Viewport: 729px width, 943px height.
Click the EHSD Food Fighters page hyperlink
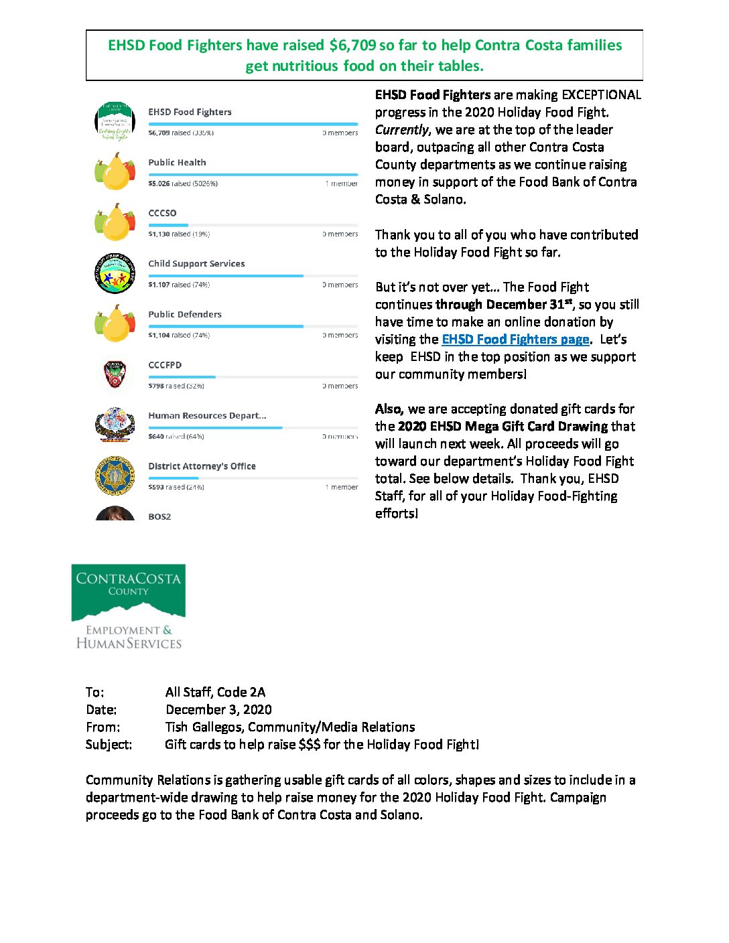[x=515, y=340]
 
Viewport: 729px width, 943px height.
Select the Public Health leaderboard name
[x=177, y=163]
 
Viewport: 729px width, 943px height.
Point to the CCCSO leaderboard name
[x=162, y=213]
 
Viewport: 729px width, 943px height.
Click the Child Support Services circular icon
[x=115, y=274]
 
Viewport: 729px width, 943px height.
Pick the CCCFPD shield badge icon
[x=115, y=374]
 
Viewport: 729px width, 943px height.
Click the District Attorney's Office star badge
[x=115, y=476]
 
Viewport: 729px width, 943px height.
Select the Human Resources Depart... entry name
[x=207, y=416]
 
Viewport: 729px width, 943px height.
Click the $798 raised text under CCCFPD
[x=176, y=386]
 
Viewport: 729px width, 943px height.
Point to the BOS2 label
[x=159, y=517]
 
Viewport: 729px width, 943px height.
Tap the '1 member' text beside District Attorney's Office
[x=342, y=487]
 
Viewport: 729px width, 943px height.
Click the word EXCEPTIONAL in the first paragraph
[x=601, y=95]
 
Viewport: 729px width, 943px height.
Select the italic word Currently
[x=401, y=130]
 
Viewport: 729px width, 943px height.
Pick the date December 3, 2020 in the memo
[x=218, y=710]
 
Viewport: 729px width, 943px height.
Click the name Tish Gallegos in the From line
[x=204, y=727]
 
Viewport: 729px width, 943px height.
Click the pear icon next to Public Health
[x=115, y=172]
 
